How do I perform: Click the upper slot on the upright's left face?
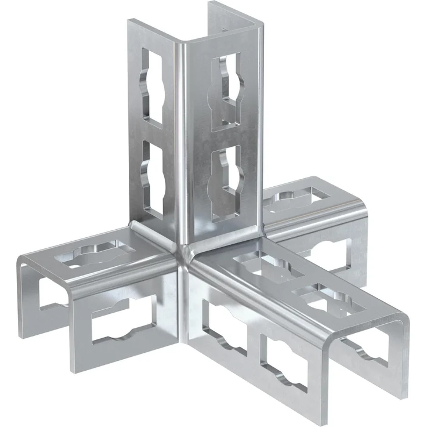[154, 87]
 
